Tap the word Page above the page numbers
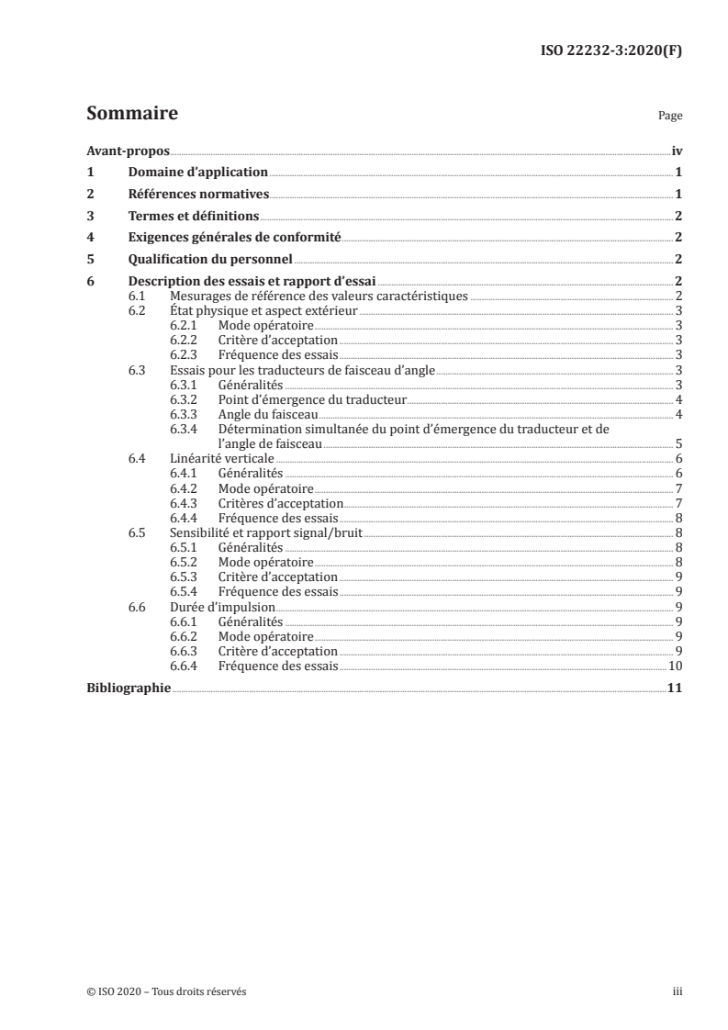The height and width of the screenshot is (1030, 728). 670,118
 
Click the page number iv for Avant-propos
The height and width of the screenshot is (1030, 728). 676,151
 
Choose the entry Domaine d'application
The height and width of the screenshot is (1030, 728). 197,172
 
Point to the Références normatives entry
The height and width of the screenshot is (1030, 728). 198,194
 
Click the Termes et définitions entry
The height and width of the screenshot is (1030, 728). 193,216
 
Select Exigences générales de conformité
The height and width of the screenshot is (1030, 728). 234,238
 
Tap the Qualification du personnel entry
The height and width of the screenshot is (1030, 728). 210,260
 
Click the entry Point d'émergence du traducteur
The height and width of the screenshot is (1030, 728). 312,399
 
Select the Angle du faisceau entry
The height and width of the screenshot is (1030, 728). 268,414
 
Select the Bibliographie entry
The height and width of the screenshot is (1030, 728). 128,688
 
